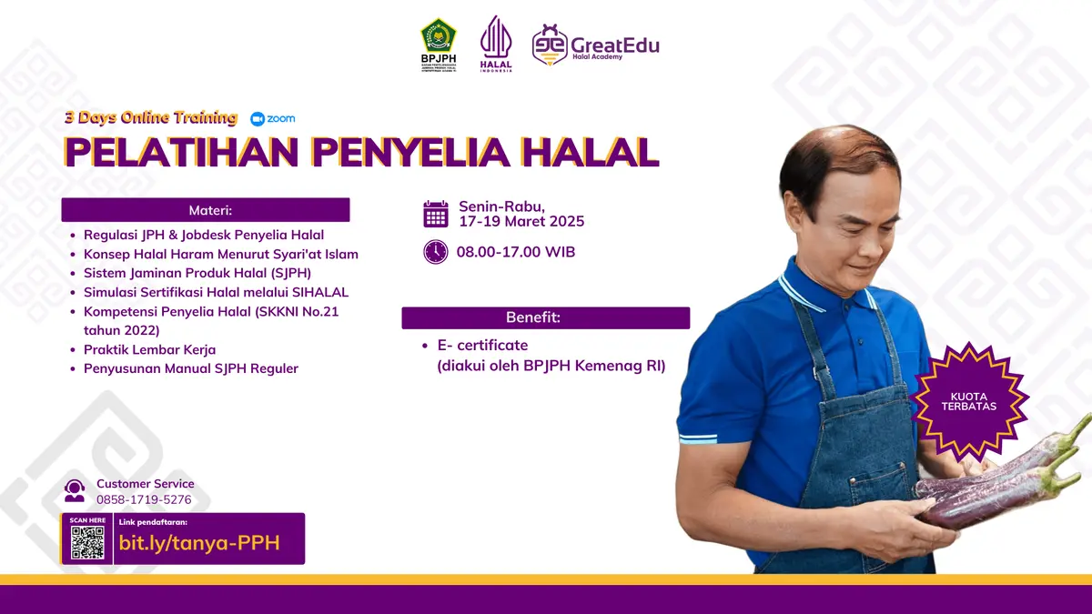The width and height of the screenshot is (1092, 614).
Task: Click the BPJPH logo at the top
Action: pyautogui.click(x=438, y=44)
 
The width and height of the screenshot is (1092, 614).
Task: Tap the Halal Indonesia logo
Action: pyautogui.click(x=496, y=43)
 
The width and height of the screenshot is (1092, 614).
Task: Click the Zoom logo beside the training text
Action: pyautogui.click(x=273, y=118)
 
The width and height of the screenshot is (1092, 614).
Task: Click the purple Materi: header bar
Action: pyautogui.click(x=206, y=210)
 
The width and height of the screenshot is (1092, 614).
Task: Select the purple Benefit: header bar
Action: pyautogui.click(x=546, y=317)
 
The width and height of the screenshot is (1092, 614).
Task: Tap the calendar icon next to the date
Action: pyautogui.click(x=436, y=214)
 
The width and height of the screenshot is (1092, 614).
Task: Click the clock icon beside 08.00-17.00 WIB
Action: pyautogui.click(x=436, y=252)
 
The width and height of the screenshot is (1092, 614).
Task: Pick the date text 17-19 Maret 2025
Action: pyautogui.click(x=521, y=222)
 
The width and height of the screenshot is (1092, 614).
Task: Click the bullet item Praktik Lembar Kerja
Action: pyautogui.click(x=149, y=349)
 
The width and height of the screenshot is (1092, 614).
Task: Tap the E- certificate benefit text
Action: pyautogui.click(x=482, y=346)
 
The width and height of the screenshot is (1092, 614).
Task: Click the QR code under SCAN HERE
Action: pyautogui.click(x=87, y=543)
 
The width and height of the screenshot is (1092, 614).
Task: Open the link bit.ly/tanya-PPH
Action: pyautogui.click(x=198, y=543)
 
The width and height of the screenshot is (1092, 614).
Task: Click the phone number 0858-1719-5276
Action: pyautogui.click(x=144, y=499)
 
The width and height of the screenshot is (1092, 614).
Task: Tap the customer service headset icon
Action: pyautogui.click(x=75, y=491)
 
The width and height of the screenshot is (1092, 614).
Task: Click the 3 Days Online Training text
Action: pyautogui.click(x=151, y=118)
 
